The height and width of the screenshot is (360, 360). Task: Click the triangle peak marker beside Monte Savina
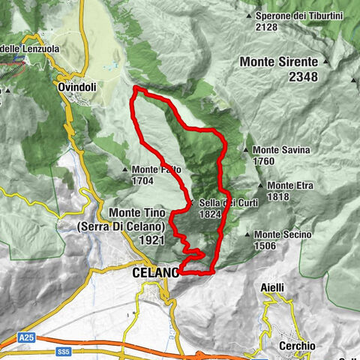tap(246, 150)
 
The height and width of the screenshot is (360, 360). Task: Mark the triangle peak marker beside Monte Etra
tap(260, 185)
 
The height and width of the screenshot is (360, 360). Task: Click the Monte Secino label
tap(282, 235)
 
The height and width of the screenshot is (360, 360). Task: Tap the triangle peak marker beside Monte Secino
tap(248, 235)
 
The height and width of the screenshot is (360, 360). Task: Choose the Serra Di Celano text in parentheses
tap(147, 226)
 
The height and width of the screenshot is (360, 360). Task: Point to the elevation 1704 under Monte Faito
tap(142, 181)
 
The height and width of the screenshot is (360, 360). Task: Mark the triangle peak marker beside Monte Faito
tap(124, 169)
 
